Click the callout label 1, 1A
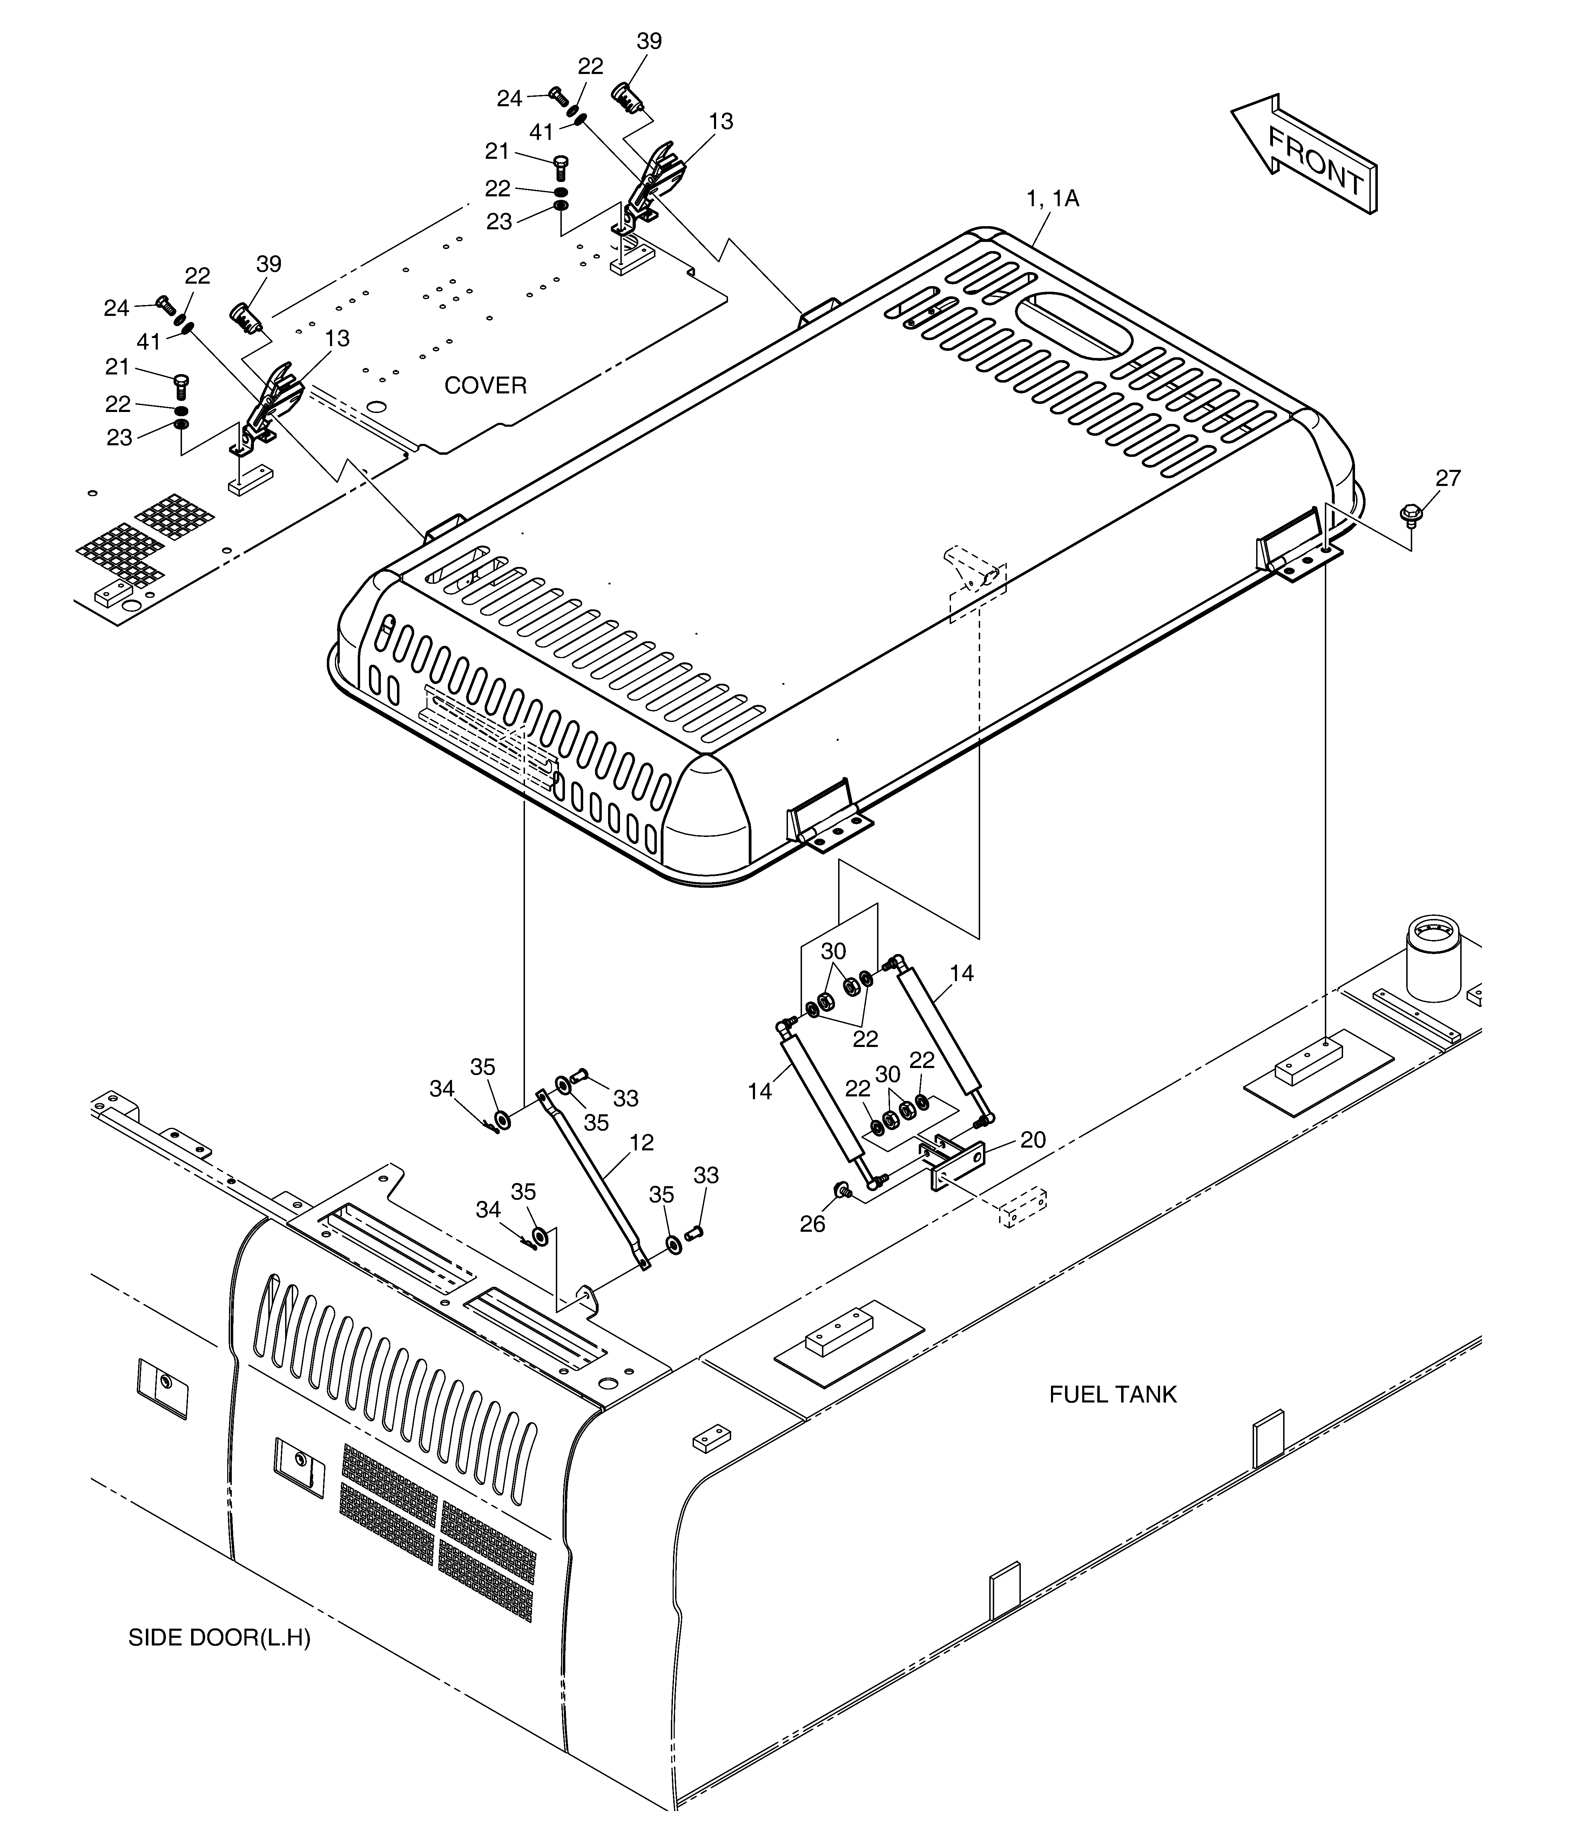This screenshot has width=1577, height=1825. [1053, 199]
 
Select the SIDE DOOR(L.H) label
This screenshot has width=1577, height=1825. [220, 1638]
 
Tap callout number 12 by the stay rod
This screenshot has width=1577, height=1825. [642, 1142]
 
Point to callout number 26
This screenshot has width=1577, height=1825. [812, 1224]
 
